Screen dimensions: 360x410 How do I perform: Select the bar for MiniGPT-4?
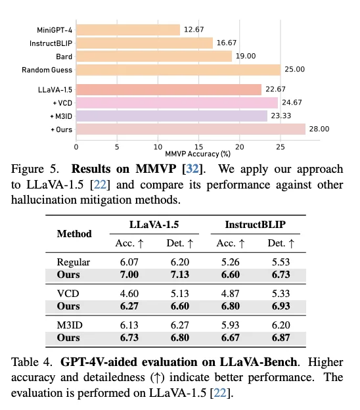[x=128, y=30]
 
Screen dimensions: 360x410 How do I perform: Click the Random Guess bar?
[x=179, y=70]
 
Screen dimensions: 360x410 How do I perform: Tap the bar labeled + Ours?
[x=191, y=129]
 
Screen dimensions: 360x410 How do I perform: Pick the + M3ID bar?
[x=171, y=116]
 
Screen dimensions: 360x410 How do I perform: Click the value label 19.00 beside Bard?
[x=246, y=57]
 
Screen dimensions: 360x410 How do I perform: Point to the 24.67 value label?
[x=292, y=102]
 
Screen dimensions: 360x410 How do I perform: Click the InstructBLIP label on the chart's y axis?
[x=51, y=43]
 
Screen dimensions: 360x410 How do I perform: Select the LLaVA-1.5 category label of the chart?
[x=55, y=90]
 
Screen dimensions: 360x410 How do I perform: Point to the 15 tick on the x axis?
[x=198, y=147]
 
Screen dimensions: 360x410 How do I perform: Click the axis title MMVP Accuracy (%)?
[x=198, y=154]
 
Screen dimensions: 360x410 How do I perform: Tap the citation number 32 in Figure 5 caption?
[x=192, y=169]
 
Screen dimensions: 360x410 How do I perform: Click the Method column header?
[x=74, y=234]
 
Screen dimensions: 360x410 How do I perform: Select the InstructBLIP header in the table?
[x=256, y=225]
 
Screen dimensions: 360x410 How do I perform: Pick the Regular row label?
[x=74, y=262]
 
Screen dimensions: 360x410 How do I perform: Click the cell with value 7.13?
[x=180, y=275]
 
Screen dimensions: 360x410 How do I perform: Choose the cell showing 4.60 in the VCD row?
[x=129, y=294]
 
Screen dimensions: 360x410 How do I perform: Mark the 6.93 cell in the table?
[x=281, y=306]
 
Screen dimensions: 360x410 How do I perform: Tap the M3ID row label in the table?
[x=70, y=325]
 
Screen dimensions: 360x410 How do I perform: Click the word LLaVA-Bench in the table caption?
[x=259, y=362]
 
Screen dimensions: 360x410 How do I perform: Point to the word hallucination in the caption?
[x=44, y=200]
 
